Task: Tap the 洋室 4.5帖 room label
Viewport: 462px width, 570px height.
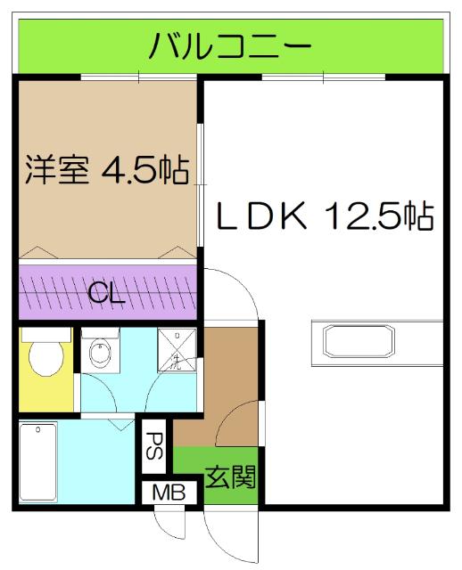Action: coord(105,168)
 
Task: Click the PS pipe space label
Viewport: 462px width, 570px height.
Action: coord(153,446)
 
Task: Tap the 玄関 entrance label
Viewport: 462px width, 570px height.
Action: coord(231,478)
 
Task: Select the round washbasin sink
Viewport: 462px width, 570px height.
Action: coord(101,354)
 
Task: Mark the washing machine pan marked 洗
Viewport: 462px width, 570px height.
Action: coord(176,350)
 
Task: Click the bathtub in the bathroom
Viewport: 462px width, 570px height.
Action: coord(38,463)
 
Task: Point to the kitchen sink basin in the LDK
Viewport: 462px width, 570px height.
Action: coord(358,343)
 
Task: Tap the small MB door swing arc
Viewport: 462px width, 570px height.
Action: coord(167,525)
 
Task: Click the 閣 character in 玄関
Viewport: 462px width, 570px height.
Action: coord(243,478)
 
